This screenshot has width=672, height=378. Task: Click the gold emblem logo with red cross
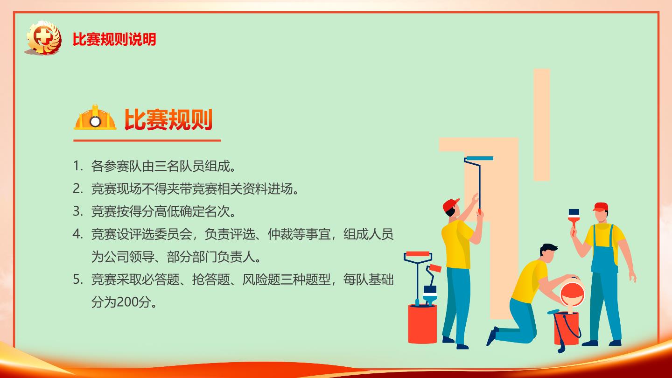pos(44,38)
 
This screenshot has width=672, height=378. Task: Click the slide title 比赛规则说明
pos(114,39)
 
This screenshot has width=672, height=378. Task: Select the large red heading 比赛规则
pos(168,119)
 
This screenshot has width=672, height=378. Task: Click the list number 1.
pos(77,166)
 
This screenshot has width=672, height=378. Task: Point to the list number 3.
pos(77,211)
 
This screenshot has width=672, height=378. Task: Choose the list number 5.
pos(77,280)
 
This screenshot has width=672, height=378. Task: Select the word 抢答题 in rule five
pos(210,280)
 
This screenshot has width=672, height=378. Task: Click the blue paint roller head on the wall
pos(479,158)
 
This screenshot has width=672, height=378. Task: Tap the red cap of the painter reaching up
pos(450,204)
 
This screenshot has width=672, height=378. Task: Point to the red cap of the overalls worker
pos(601,207)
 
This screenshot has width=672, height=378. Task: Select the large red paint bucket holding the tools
pos(422,324)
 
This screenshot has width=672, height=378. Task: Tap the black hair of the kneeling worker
pos(548,249)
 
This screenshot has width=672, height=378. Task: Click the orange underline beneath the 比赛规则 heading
pos(147,140)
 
